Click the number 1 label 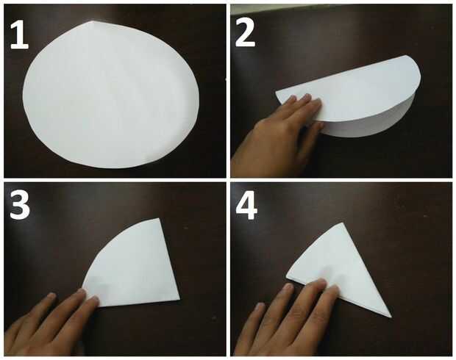pos(19,35)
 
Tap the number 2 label pos(245,33)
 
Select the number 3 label pos(19,206)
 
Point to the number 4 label pos(246,206)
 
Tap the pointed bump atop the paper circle pos(92,24)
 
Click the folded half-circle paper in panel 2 pos(349,96)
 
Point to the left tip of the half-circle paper pos(276,93)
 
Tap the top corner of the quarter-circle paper pos(159,218)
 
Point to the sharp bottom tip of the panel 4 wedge pos(391,317)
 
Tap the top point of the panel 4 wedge pos(341,223)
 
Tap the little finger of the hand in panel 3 pos(43,305)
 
